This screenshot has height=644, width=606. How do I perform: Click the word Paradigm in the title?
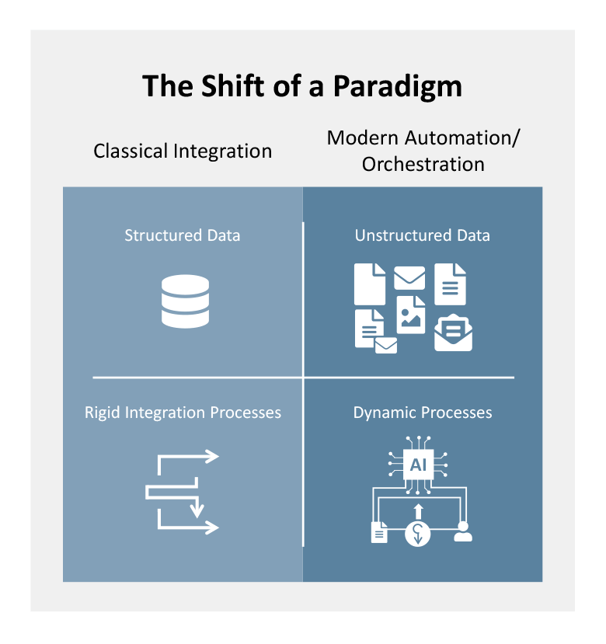click(x=397, y=87)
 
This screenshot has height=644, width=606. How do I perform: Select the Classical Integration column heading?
click(x=183, y=151)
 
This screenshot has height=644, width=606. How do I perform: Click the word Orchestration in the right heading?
click(x=423, y=165)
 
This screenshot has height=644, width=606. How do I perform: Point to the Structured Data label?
click(x=183, y=235)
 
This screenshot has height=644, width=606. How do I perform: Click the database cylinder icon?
click(x=185, y=301)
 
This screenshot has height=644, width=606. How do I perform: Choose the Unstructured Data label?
click(x=423, y=235)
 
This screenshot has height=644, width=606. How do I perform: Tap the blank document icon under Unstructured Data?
click(x=370, y=284)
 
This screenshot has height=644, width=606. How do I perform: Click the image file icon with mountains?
click(x=411, y=314)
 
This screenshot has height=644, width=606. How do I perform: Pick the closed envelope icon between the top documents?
click(x=409, y=277)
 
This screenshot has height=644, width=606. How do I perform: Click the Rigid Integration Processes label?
click(x=183, y=412)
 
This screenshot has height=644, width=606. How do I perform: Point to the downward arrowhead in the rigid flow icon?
click(x=197, y=510)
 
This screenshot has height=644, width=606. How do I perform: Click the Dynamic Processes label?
click(x=423, y=412)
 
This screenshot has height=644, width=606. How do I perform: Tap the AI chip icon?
click(x=418, y=465)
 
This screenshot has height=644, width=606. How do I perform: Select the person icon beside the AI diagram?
click(x=463, y=531)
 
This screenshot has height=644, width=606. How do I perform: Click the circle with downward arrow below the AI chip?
click(x=418, y=534)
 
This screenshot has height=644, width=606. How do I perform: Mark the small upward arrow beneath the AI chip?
click(x=418, y=510)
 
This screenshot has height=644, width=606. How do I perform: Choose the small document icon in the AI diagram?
click(x=379, y=532)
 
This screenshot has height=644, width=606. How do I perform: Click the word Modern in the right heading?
click(x=361, y=138)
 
